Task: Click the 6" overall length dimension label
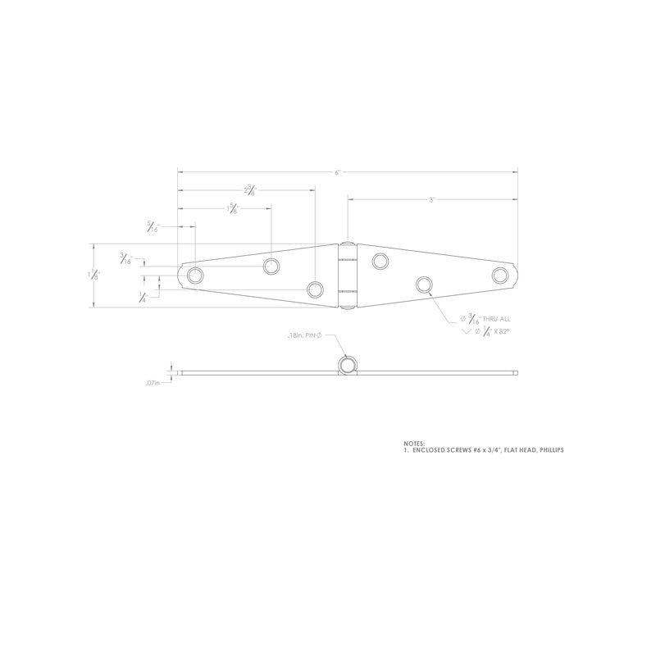[x=337, y=172]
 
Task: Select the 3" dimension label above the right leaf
[x=431, y=199]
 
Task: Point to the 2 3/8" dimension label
[x=249, y=189]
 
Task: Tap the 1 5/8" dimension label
[x=232, y=209]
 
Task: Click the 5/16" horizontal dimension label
[x=153, y=227]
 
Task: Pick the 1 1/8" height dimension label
[x=95, y=276]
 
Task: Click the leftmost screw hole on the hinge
[x=194, y=275]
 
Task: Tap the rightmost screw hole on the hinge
[x=500, y=275]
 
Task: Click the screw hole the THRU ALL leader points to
[x=424, y=285]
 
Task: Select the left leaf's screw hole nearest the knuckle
[x=315, y=289]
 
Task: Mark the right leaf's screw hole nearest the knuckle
[x=380, y=262]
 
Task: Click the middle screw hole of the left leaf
[x=271, y=266]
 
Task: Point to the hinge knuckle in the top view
[x=348, y=276]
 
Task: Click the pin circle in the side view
[x=348, y=365]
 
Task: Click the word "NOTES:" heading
[x=414, y=444]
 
